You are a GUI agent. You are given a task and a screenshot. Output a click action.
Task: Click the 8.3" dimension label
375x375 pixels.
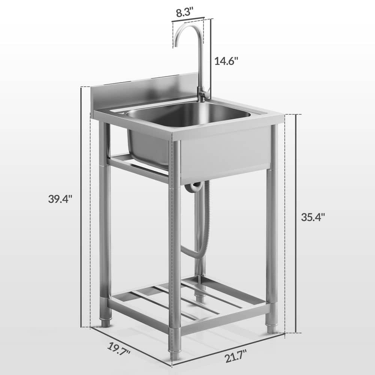coord(184,13)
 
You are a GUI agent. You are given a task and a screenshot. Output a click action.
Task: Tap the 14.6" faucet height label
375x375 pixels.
coord(226,61)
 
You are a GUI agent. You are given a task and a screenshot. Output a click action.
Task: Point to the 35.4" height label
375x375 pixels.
coord(313,217)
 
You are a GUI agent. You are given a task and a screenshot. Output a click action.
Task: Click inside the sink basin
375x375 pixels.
coord(189,114)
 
